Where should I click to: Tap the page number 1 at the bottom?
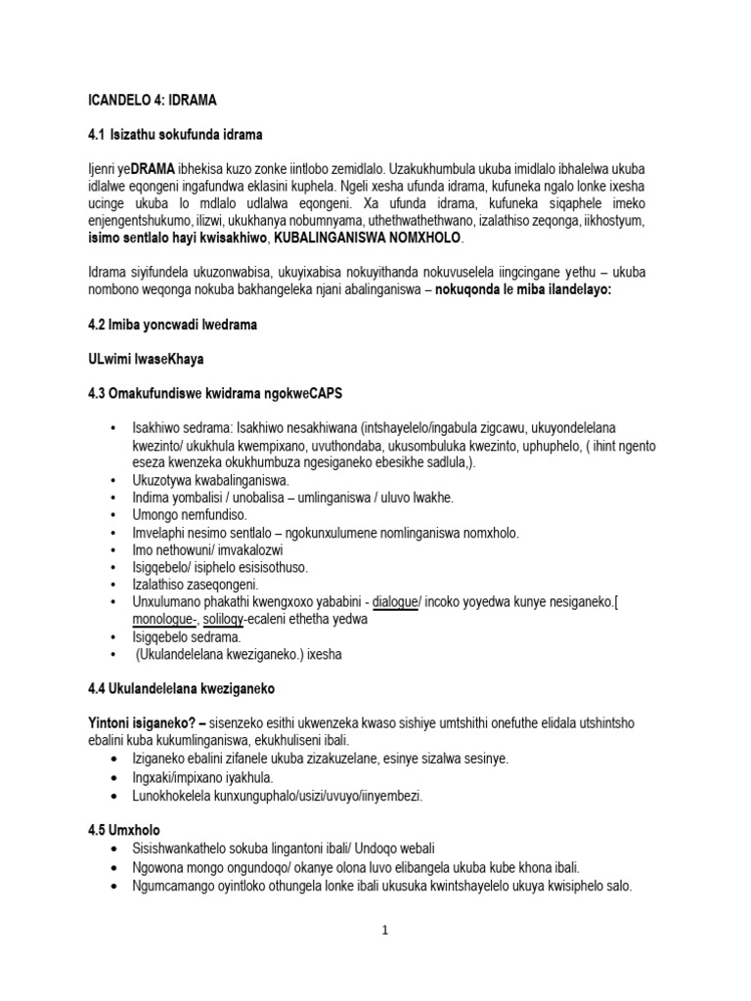click(385, 931)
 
